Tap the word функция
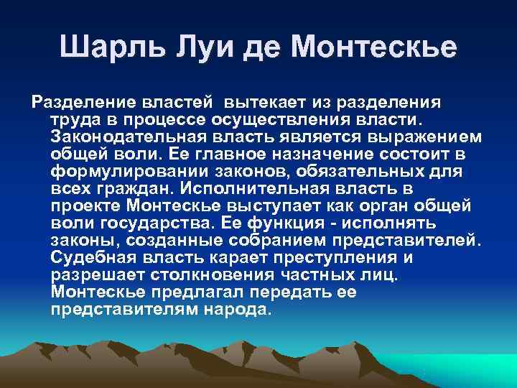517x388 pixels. [x=289, y=222]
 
